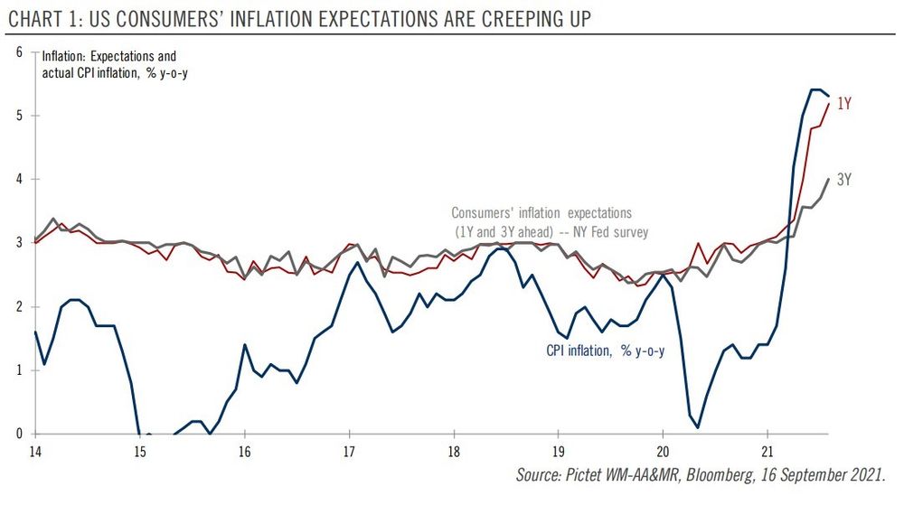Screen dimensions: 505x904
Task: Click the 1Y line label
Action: [844, 104]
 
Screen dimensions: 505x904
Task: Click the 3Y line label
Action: [844, 180]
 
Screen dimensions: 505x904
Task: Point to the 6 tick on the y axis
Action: [19, 52]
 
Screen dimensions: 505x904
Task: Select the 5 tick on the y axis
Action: [19, 116]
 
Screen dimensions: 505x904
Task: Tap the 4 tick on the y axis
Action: [19, 180]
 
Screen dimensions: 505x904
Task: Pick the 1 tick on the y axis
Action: [19, 370]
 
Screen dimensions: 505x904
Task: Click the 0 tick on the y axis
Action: [19, 434]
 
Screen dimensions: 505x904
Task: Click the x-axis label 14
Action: [35, 451]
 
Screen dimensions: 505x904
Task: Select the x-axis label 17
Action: [349, 451]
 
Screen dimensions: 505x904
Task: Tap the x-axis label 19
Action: [558, 451]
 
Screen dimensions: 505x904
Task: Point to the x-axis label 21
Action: [767, 451]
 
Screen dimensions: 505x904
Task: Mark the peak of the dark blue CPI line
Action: [815, 89]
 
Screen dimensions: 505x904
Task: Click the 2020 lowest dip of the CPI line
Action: [699, 427]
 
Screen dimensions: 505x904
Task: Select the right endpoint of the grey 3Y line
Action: [829, 179]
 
